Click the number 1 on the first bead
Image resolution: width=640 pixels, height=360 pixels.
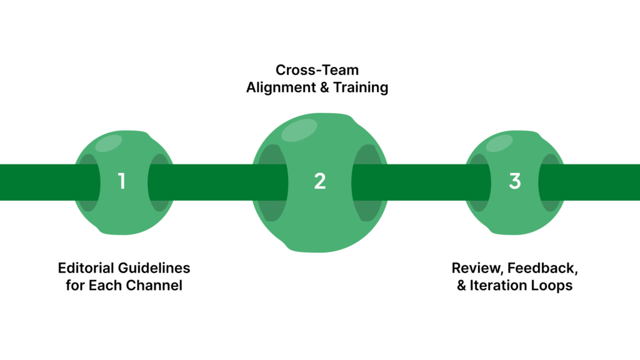pyautogui.click(x=122, y=182)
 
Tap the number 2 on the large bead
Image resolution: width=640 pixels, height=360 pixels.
pyautogui.click(x=320, y=182)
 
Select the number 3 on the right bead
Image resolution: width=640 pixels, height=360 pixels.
pyautogui.click(x=514, y=182)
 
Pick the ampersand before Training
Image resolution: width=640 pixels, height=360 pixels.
pyautogui.click(x=322, y=88)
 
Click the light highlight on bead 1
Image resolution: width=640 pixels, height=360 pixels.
pyautogui.click(x=107, y=144)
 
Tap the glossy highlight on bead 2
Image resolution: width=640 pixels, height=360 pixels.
pyautogui.click(x=299, y=129)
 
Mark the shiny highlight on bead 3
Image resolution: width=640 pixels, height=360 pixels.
pyautogui.click(x=499, y=144)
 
